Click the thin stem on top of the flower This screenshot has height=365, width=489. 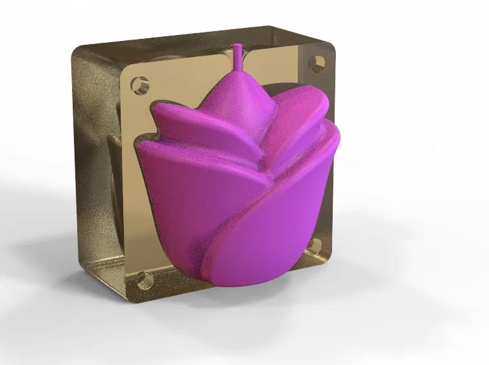tap(238, 57)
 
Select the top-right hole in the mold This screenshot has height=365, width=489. tap(318, 63)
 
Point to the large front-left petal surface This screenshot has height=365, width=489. tap(182, 207)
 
